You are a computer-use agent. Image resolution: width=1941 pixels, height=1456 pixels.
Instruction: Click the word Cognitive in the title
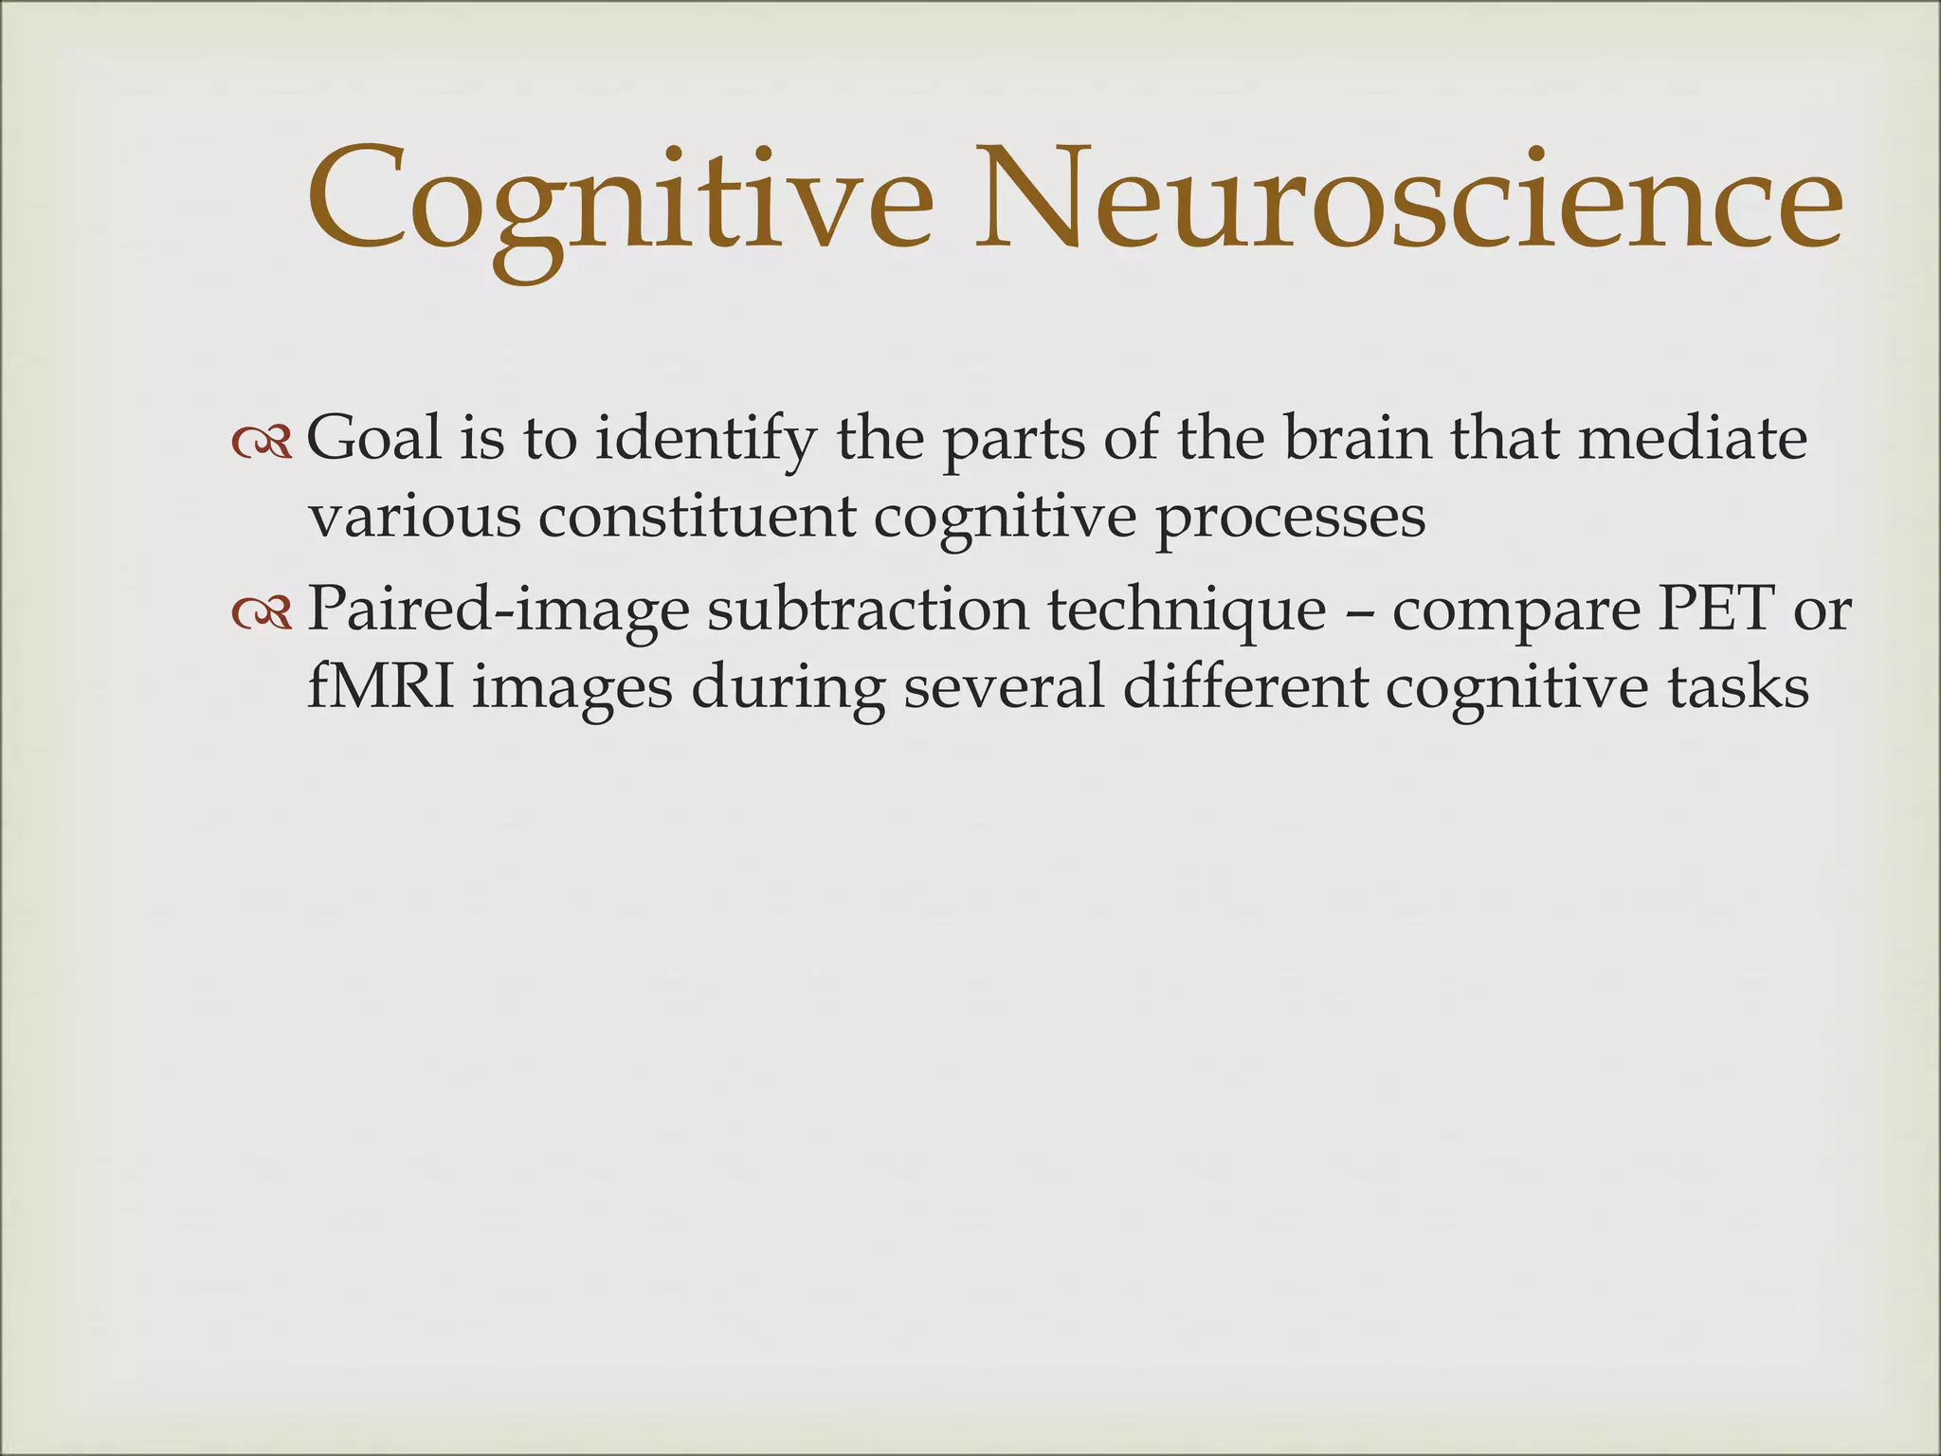[x=621, y=204]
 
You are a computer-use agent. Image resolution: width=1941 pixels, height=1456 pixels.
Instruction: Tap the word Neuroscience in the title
[x=1409, y=204]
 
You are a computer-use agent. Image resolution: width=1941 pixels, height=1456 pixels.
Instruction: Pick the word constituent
[x=697, y=519]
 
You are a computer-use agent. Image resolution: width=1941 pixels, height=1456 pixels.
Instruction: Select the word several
[x=1004, y=687]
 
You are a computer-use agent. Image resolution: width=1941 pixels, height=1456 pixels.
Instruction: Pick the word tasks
[x=1739, y=687]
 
